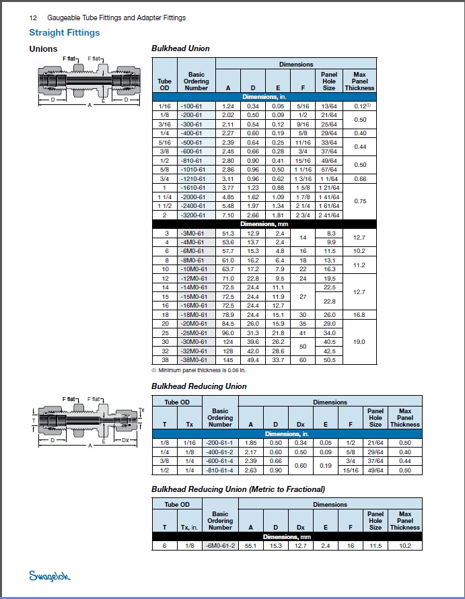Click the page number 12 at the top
pyautogui.click(x=32, y=17)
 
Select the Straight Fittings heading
pyautogui.click(x=65, y=32)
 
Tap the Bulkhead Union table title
pyautogui.click(x=180, y=48)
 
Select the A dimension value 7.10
pyautogui.click(x=227, y=215)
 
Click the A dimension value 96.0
pyautogui.click(x=227, y=332)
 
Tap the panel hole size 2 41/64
pyautogui.click(x=329, y=215)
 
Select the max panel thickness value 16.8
pyautogui.click(x=359, y=314)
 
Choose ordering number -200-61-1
pyautogui.click(x=220, y=443)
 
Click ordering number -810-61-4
pyautogui.click(x=220, y=470)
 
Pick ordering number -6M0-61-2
pyautogui.click(x=220, y=545)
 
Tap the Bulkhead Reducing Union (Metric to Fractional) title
pyautogui.click(x=238, y=489)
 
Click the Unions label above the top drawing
pyautogui.click(x=43, y=48)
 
